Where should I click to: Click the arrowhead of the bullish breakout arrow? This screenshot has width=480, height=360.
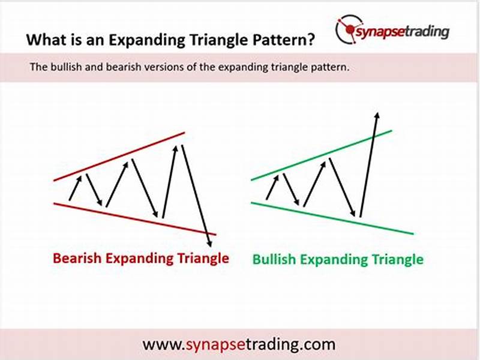(x=377, y=115)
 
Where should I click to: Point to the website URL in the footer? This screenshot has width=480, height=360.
(x=239, y=345)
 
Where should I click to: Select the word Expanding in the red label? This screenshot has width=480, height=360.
(x=131, y=259)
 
